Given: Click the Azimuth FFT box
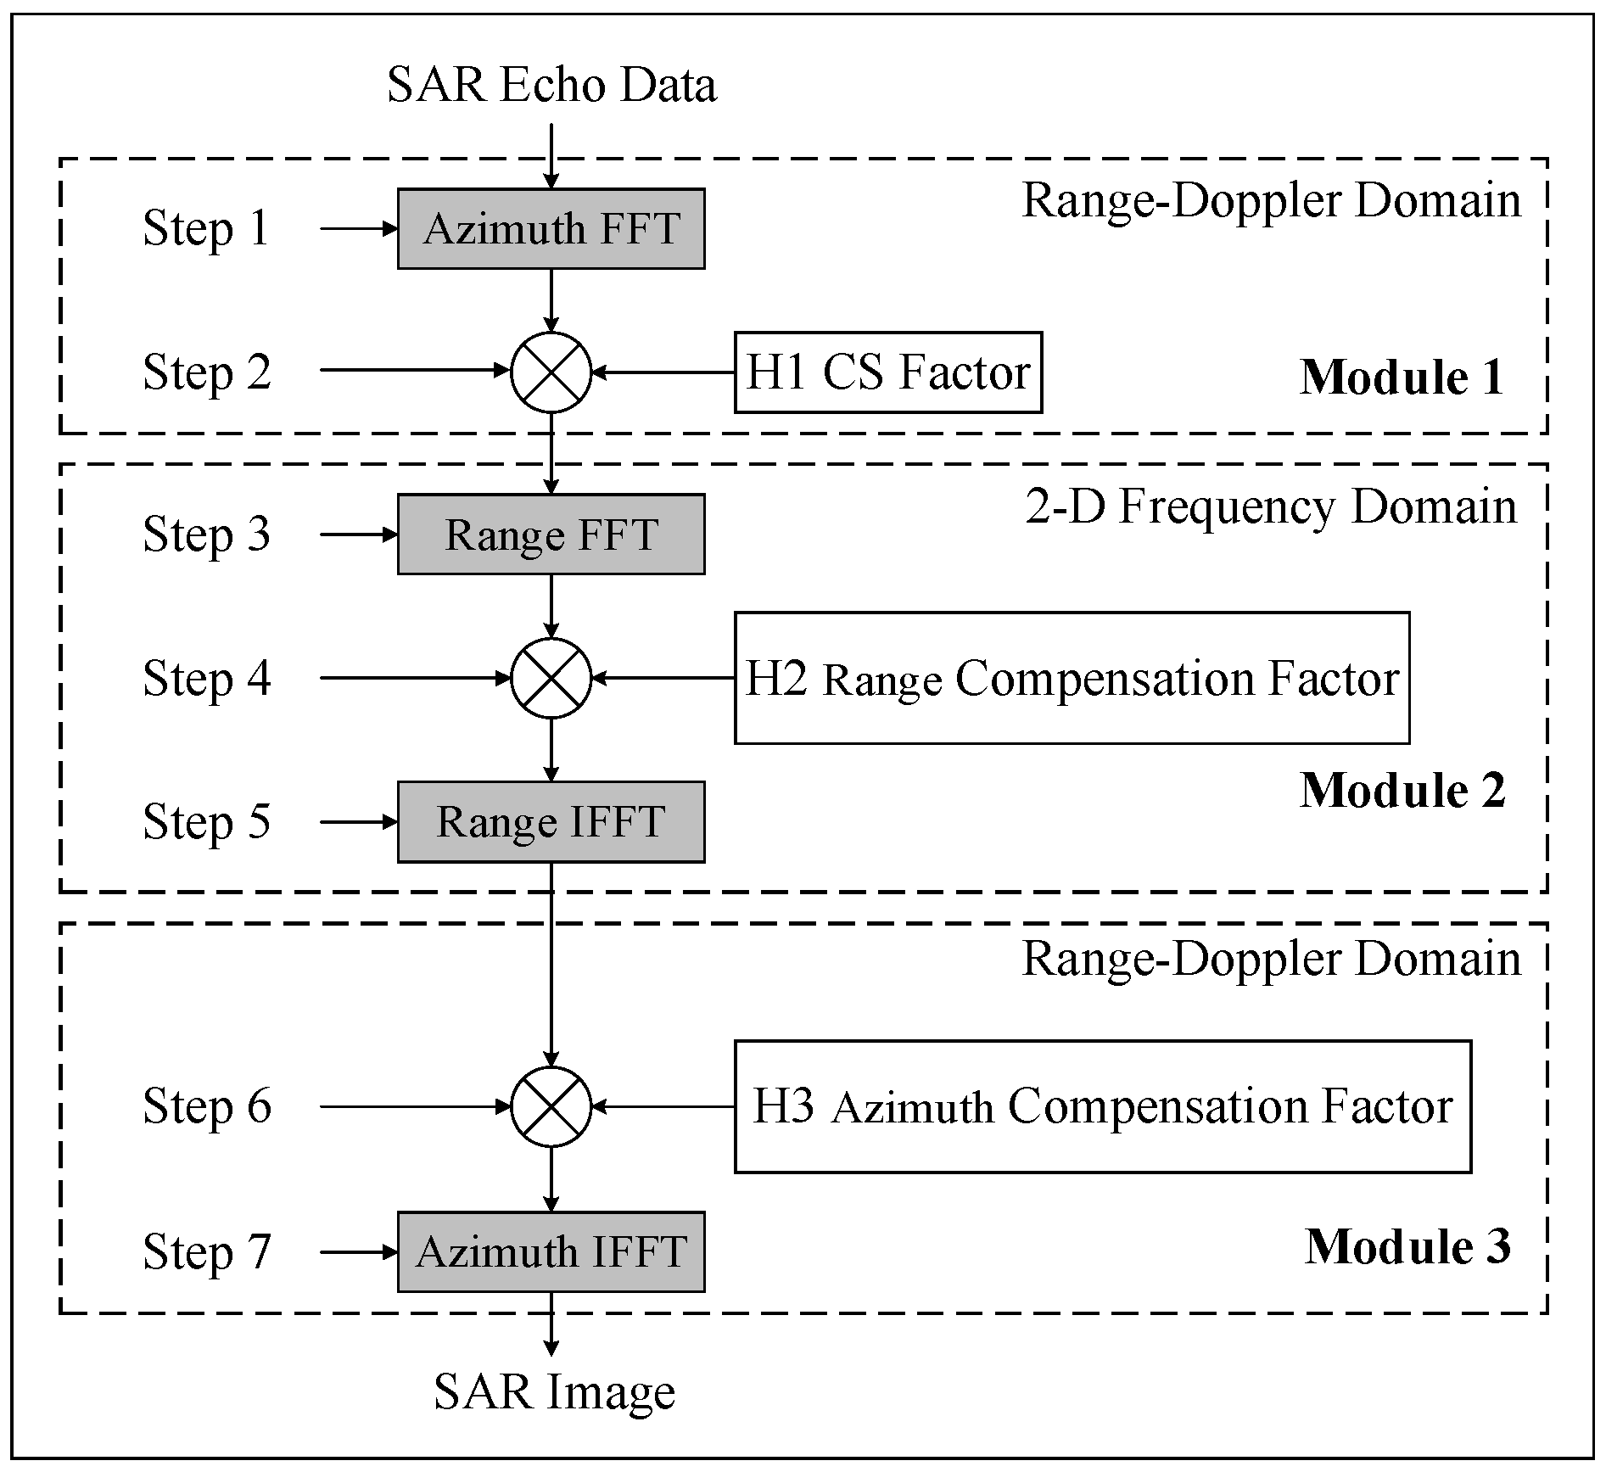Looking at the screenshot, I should [551, 229].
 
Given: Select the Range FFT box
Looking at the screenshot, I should [551, 535].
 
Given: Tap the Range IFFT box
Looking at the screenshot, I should [551, 822].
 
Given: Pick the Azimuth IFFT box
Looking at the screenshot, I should [551, 1251].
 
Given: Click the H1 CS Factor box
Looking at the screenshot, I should [887, 372].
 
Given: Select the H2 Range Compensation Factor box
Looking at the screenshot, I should [1071, 678].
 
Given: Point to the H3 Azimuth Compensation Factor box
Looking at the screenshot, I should [1102, 1106].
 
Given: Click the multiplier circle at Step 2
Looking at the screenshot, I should [551, 372].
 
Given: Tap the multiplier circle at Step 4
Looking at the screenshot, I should [551, 678].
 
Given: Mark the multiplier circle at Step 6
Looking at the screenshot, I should [551, 1106].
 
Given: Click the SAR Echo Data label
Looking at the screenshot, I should [551, 85].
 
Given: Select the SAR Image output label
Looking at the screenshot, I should [554, 1392].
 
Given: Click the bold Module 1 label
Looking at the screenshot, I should [1402, 378].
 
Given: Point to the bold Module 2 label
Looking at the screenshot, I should [1402, 791].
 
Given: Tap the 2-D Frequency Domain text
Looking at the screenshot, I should [1270, 507].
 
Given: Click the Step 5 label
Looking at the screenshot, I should [207, 822].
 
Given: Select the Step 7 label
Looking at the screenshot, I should [207, 1252].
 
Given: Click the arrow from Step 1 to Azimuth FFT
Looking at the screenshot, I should [358, 229].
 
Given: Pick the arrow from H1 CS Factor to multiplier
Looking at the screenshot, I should [663, 372].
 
